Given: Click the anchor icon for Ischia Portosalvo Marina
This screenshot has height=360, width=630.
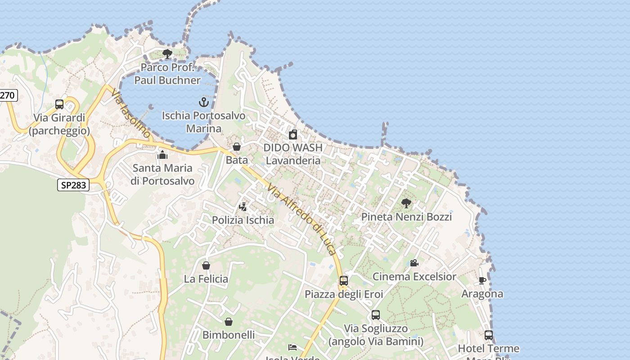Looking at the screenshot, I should pyautogui.click(x=204, y=102).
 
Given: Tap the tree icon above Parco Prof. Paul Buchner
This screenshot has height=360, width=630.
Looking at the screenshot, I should pyautogui.click(x=167, y=54).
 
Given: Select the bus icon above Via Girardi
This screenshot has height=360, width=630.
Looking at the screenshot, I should pyautogui.click(x=59, y=104).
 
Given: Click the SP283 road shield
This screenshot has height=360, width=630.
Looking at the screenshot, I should pyautogui.click(x=73, y=184).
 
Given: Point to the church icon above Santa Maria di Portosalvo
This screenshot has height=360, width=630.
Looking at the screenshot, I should pyautogui.click(x=162, y=155).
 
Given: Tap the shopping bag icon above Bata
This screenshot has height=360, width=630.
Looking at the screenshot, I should pyautogui.click(x=237, y=147).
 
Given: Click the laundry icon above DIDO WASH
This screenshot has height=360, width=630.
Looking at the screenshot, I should pyautogui.click(x=293, y=134).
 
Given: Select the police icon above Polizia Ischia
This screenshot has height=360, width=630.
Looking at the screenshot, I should pyautogui.click(x=243, y=207).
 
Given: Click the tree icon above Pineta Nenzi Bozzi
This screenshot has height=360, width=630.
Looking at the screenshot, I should pyautogui.click(x=406, y=203).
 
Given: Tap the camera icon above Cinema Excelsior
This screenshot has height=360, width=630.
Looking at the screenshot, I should pyautogui.click(x=414, y=263).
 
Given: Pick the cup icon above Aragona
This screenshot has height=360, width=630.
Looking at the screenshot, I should pyautogui.click(x=482, y=281).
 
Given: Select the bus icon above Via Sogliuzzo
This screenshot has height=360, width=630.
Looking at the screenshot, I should pyautogui.click(x=376, y=315).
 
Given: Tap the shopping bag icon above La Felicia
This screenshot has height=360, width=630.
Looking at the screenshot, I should pyautogui.click(x=206, y=265).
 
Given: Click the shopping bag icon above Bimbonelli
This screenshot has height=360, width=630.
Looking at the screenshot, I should pyautogui.click(x=229, y=322).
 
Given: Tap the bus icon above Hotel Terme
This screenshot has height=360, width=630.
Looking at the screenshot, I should pyautogui.click(x=489, y=335).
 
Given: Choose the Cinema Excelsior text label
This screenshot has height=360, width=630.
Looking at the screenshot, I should pyautogui.click(x=414, y=276).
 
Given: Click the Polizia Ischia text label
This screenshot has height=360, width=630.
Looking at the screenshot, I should pyautogui.click(x=243, y=220).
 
